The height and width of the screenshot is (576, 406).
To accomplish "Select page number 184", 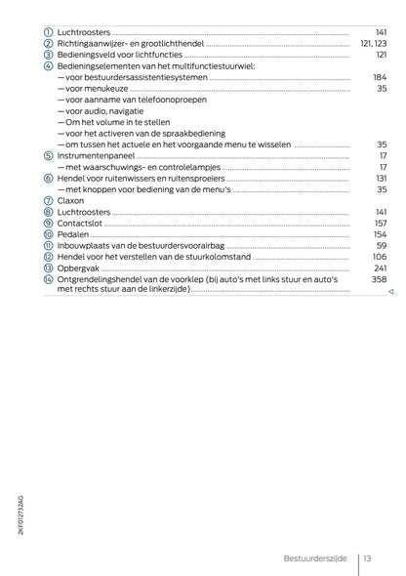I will tap(380, 77).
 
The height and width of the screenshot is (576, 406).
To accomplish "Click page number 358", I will tap(380, 279).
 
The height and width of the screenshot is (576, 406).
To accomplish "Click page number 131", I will tap(381, 179).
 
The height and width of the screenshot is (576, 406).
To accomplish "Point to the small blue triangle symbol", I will tap(389, 292).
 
